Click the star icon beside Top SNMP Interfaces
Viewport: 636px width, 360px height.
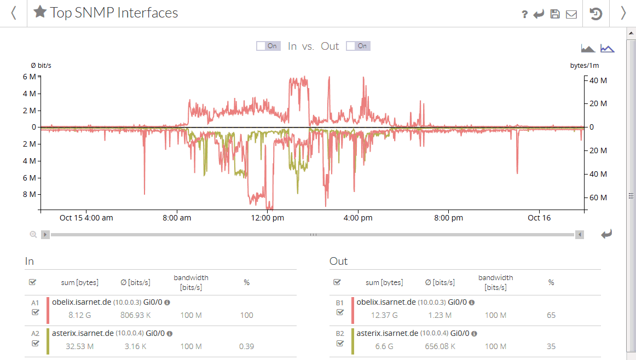40,12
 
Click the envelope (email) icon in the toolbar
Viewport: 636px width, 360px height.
571,14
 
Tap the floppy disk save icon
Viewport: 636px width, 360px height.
555,14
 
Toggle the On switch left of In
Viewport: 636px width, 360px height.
268,46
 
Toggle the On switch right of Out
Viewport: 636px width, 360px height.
358,46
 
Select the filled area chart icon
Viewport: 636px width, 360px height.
588,49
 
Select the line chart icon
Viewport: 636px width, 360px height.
607,49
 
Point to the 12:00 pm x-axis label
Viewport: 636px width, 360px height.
267,218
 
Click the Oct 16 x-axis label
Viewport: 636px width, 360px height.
539,218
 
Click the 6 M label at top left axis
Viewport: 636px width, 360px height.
30,77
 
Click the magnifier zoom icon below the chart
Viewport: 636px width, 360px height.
33,235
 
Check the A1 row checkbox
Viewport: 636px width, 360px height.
36,312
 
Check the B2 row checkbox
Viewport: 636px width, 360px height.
340,343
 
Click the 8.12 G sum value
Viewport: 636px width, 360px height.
79,315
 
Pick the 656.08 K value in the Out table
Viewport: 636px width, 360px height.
440,346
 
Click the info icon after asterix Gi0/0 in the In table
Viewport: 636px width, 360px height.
170,333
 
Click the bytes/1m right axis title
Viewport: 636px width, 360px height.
585,66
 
